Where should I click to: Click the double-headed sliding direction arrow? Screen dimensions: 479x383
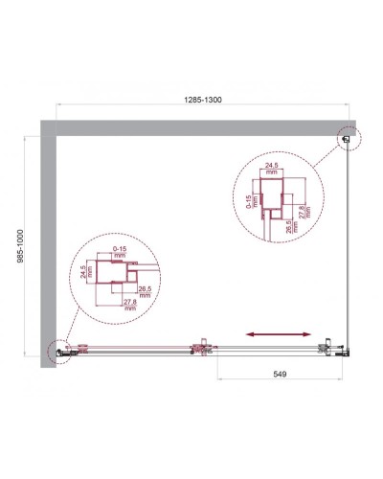(x=277, y=333)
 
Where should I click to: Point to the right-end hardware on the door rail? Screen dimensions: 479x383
(x=330, y=347)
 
